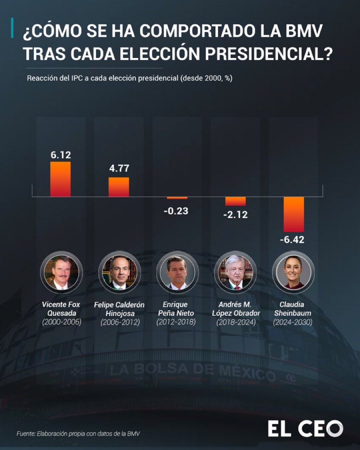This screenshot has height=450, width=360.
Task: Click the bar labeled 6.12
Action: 60,179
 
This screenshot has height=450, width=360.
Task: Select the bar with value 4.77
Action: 119,187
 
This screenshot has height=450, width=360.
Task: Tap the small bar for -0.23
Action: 177,198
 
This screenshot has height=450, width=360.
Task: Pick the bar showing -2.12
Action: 235,201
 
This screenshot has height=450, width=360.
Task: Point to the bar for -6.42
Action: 294,214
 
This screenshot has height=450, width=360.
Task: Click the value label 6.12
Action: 60,155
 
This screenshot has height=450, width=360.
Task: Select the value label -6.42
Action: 294,240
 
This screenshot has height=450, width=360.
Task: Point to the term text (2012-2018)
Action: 177,322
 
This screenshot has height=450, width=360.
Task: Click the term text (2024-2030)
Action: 293,322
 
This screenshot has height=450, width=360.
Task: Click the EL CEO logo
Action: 305,429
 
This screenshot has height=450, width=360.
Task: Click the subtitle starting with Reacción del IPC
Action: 129,78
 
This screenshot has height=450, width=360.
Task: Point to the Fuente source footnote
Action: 78,433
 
